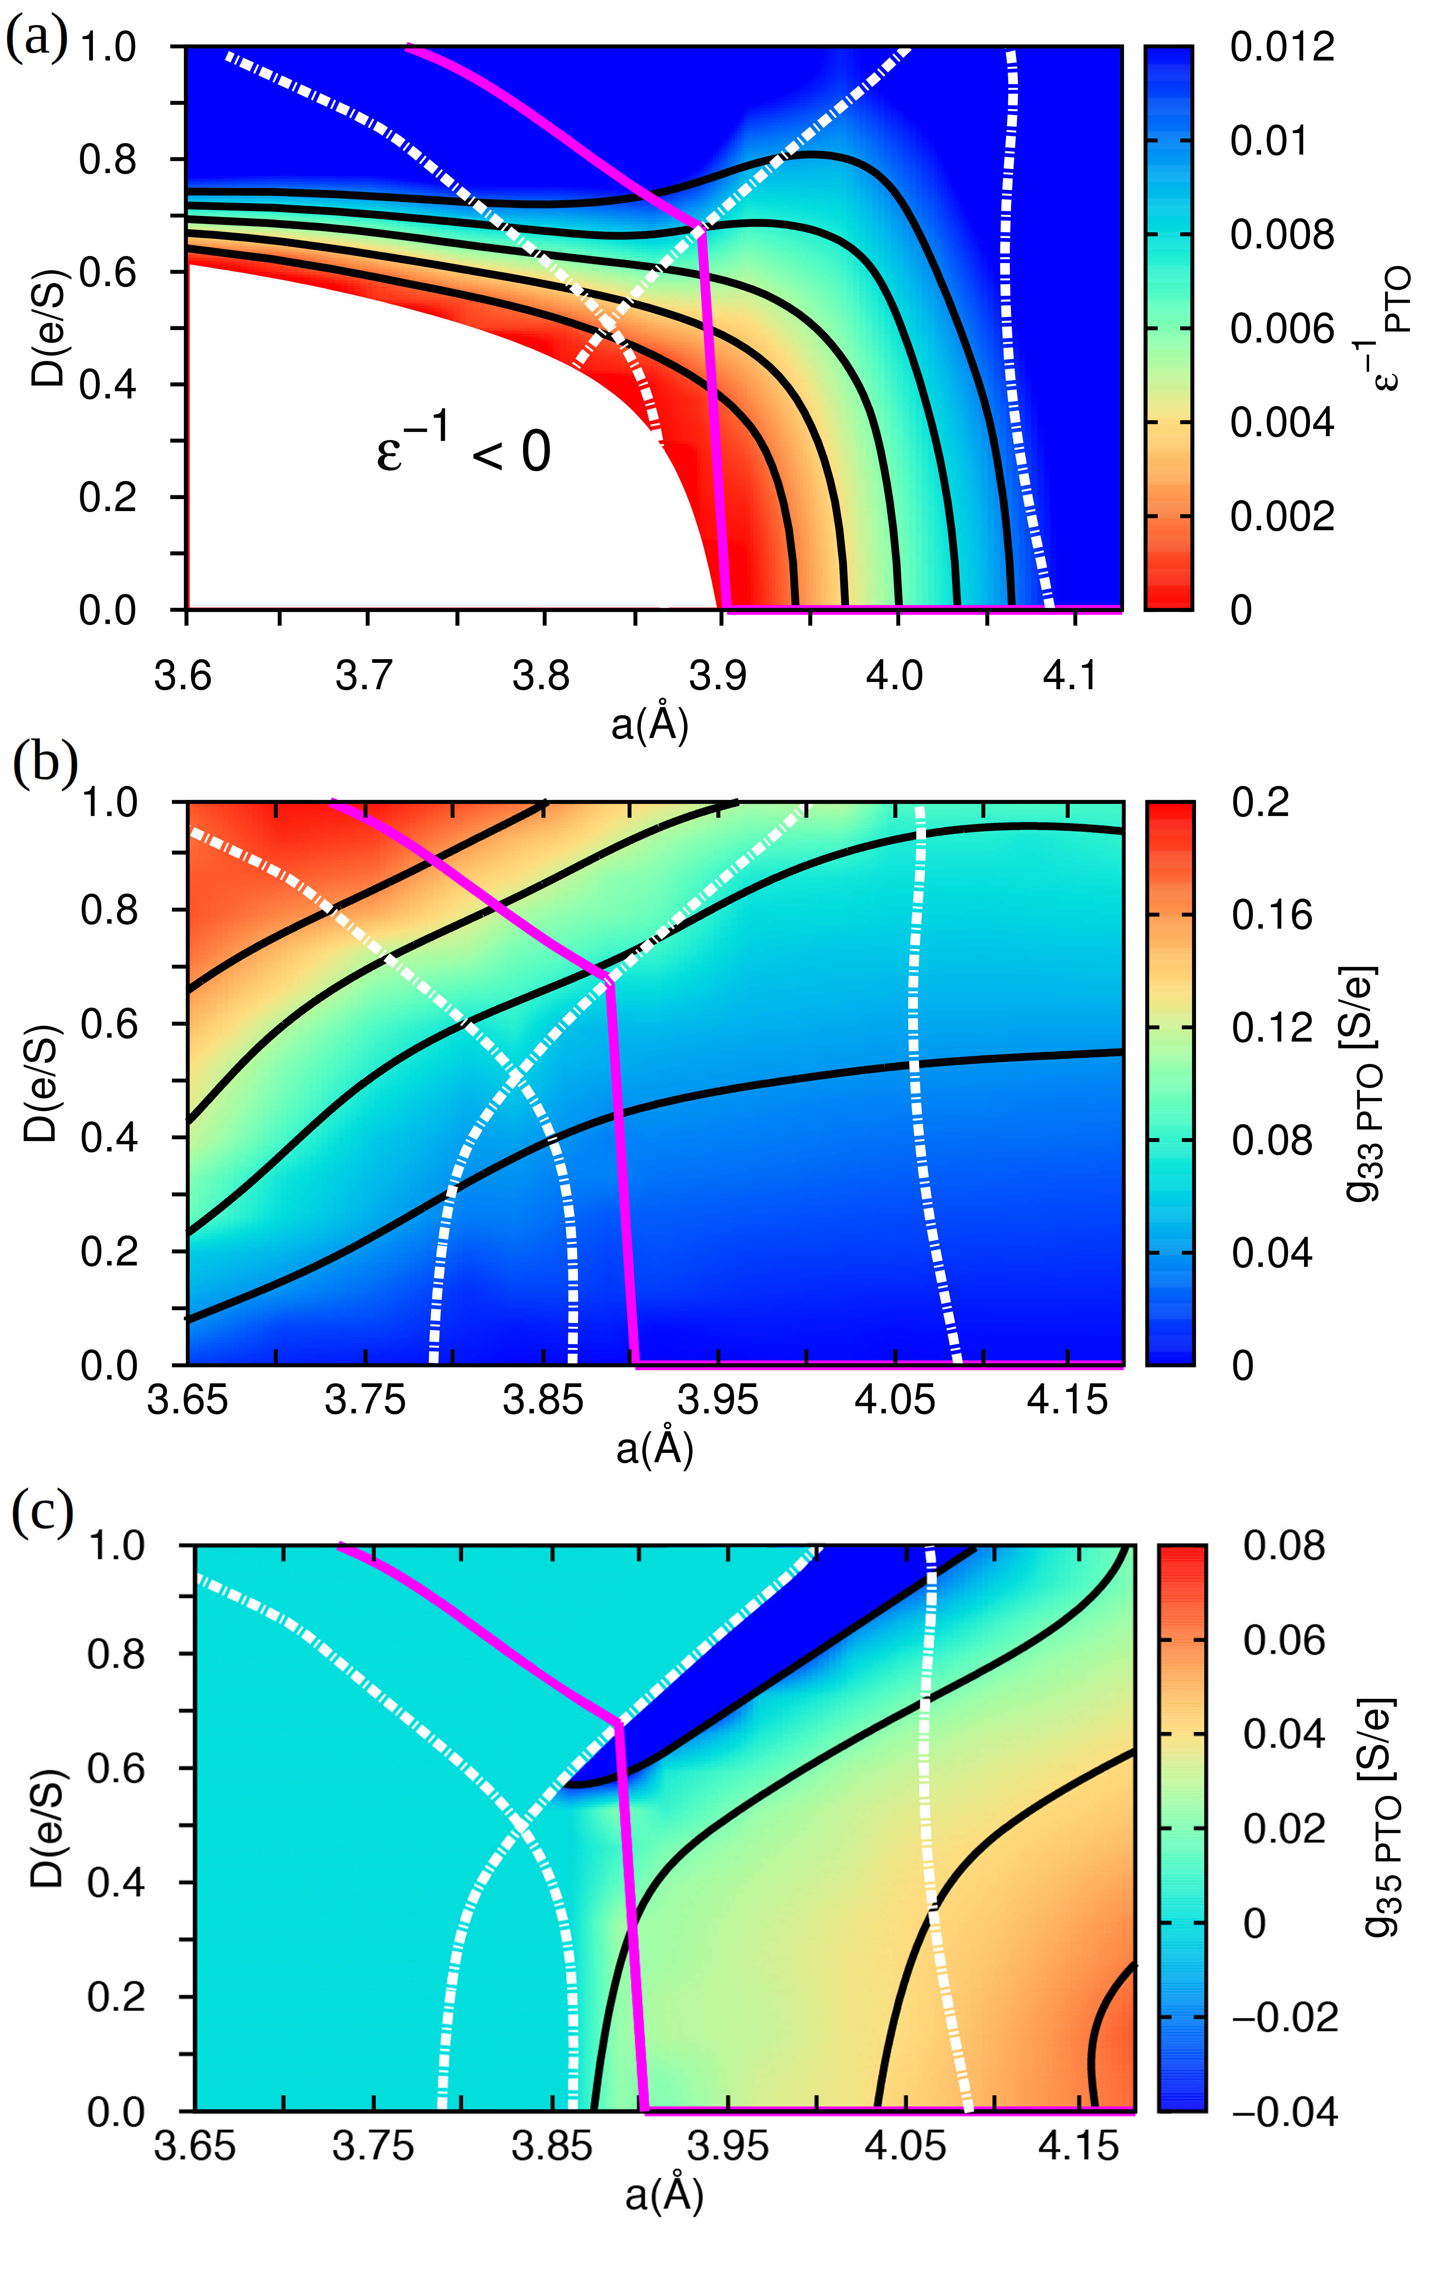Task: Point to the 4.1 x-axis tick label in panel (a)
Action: click(1071, 676)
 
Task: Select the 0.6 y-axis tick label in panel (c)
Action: click(114, 1768)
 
